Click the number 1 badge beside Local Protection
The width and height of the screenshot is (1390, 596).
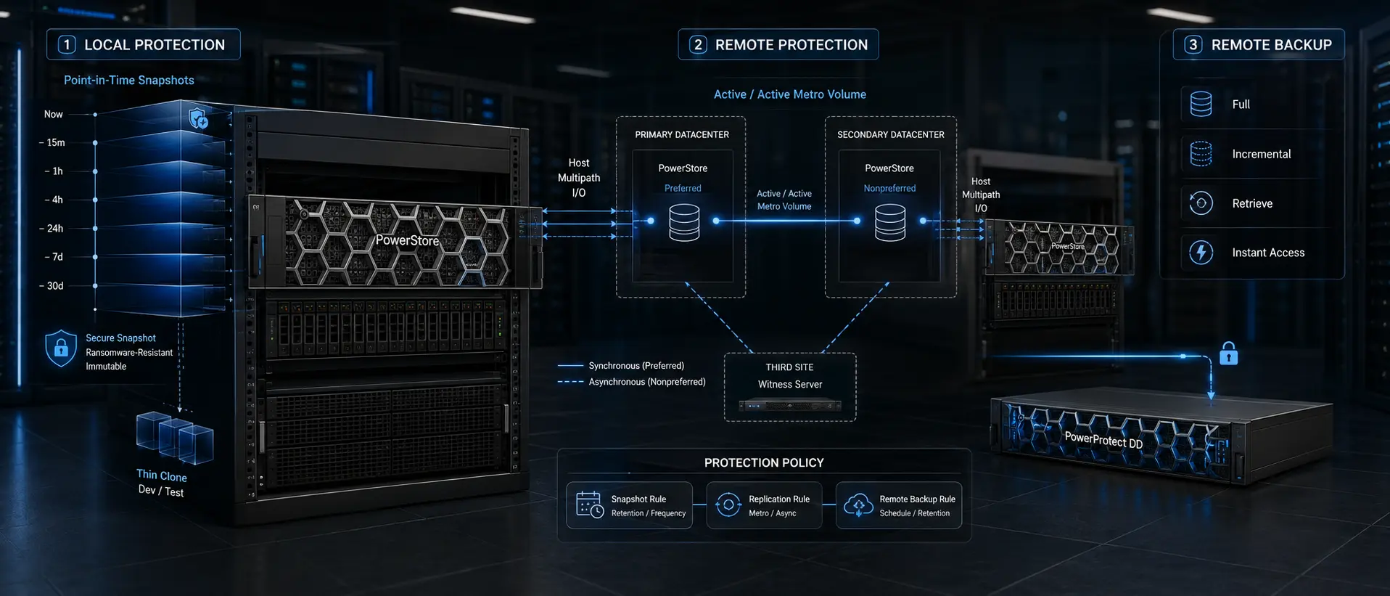pos(67,45)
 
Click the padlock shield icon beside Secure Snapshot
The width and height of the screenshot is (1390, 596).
pos(61,348)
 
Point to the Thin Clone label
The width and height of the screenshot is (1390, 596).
pos(162,475)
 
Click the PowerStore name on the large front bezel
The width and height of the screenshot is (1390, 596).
pos(407,240)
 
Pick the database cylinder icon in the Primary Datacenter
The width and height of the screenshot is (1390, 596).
pos(684,222)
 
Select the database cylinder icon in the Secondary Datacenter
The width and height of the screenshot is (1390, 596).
pos(890,222)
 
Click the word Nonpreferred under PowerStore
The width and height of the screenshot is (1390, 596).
pos(889,188)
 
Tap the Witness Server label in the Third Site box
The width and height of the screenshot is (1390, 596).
pos(790,384)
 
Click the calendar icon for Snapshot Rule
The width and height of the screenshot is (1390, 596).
pos(589,505)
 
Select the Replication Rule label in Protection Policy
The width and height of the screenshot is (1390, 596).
pos(779,499)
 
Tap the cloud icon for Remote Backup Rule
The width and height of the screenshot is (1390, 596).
pos(858,505)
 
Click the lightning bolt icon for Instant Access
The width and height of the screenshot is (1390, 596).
pos(1201,253)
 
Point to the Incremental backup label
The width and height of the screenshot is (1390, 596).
pos(1262,154)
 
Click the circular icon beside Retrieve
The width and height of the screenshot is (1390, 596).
pos(1201,203)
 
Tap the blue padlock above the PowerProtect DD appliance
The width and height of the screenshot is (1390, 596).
pos(1228,354)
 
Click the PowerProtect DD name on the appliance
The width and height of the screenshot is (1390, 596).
pos(1103,440)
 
